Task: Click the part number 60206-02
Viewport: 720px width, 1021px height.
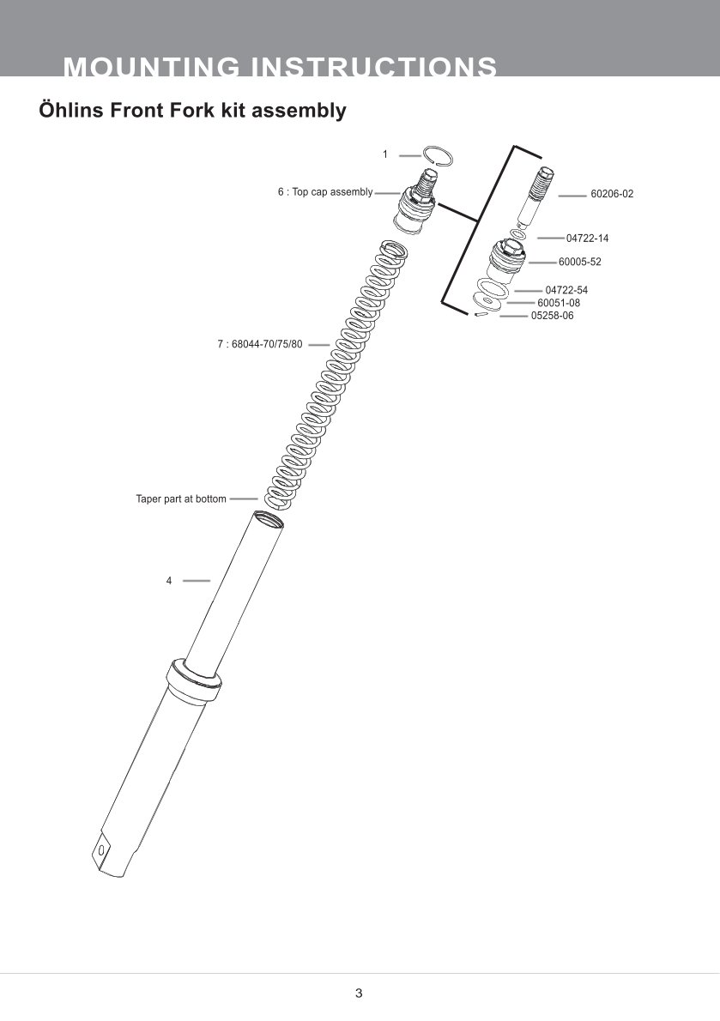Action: (x=611, y=195)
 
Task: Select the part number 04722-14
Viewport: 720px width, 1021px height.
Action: (x=587, y=239)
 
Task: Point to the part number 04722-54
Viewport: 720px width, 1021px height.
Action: (x=566, y=291)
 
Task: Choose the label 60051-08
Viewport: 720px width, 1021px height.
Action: (x=559, y=303)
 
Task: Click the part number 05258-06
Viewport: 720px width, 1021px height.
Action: (x=552, y=316)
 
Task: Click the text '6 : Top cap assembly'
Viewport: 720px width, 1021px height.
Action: (x=324, y=192)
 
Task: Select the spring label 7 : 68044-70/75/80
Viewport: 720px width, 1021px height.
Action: (x=259, y=345)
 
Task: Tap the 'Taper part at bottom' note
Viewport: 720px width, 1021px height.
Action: (x=181, y=498)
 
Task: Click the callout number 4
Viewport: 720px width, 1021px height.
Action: (x=169, y=581)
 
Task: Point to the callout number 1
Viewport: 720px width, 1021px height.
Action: (x=385, y=154)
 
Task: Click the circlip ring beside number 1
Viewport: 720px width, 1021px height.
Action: (x=440, y=154)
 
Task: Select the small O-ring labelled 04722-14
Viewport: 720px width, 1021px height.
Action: (x=517, y=234)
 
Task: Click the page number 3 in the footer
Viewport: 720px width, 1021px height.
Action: (x=359, y=994)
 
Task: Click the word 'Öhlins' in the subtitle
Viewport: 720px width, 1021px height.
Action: (x=70, y=111)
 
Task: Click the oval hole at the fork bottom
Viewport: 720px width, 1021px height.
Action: (x=103, y=849)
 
